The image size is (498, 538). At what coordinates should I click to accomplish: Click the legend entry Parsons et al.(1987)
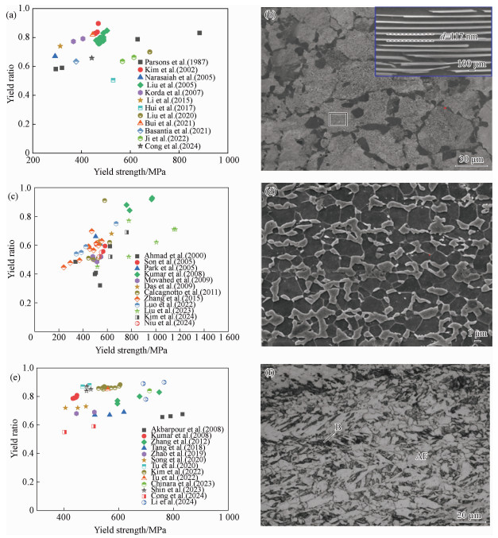click(x=169, y=62)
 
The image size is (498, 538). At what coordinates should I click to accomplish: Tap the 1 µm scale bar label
click(x=475, y=333)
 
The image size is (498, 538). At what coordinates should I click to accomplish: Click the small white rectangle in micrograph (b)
click(x=338, y=119)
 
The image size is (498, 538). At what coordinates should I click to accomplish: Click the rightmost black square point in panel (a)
click(x=199, y=33)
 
